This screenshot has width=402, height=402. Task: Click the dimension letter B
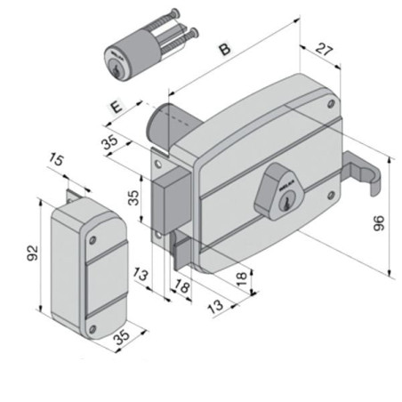(x=225, y=49)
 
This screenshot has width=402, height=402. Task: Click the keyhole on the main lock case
(x=285, y=204)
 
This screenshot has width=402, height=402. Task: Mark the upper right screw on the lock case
(x=332, y=105)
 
